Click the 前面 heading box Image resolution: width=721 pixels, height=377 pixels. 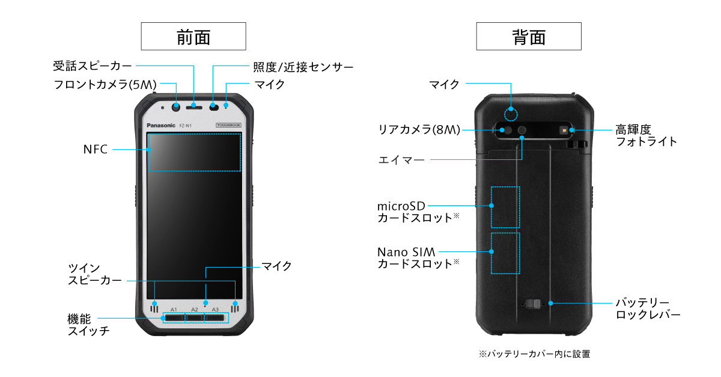(x=193, y=36)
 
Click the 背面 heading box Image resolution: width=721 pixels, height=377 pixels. (x=529, y=36)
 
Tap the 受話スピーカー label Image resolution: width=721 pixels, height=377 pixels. (x=92, y=66)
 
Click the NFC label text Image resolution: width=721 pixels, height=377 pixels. (x=95, y=149)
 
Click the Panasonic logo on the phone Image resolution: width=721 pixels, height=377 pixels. (x=160, y=125)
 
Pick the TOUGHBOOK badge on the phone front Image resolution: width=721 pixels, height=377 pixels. (x=228, y=124)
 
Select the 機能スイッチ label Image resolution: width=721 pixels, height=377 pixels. (x=88, y=324)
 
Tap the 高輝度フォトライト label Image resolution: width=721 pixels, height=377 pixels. (x=646, y=135)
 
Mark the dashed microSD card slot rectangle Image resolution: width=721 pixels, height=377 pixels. (x=505, y=207)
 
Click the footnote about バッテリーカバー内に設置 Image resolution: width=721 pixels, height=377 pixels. (x=534, y=354)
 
